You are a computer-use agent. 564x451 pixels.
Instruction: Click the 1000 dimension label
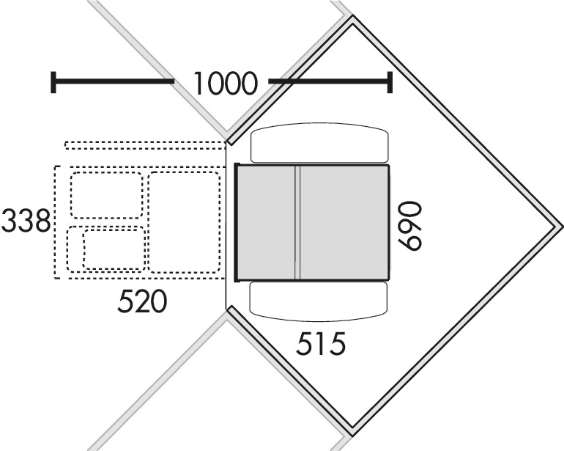[x=226, y=83]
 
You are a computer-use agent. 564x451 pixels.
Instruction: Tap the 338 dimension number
[x=26, y=221]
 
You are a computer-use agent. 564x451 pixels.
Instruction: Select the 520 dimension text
[x=142, y=301]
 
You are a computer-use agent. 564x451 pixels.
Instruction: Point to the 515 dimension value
[x=321, y=343]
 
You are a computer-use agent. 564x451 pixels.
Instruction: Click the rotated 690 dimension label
[x=409, y=226]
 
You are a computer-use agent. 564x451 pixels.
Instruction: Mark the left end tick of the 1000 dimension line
[x=53, y=82]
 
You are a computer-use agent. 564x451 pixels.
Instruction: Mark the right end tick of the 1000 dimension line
[x=390, y=82]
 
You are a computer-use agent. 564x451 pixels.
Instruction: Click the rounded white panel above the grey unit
[x=319, y=143]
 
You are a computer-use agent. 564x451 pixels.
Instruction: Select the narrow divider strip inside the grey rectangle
[x=297, y=223]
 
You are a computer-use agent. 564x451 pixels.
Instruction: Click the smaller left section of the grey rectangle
[x=267, y=223]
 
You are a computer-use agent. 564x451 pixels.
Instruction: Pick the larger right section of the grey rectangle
[x=344, y=223]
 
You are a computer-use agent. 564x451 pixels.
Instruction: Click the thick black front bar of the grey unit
[x=237, y=223]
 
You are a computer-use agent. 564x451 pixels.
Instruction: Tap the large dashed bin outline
[x=184, y=223]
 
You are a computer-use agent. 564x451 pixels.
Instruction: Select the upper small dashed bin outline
[x=107, y=196]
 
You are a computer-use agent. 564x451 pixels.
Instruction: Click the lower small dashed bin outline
[x=107, y=249]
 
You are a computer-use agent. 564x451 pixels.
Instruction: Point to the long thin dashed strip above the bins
[x=145, y=145]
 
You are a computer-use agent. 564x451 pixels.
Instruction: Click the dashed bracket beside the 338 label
[x=56, y=223]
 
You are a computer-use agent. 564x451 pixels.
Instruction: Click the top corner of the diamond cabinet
[x=353, y=17]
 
